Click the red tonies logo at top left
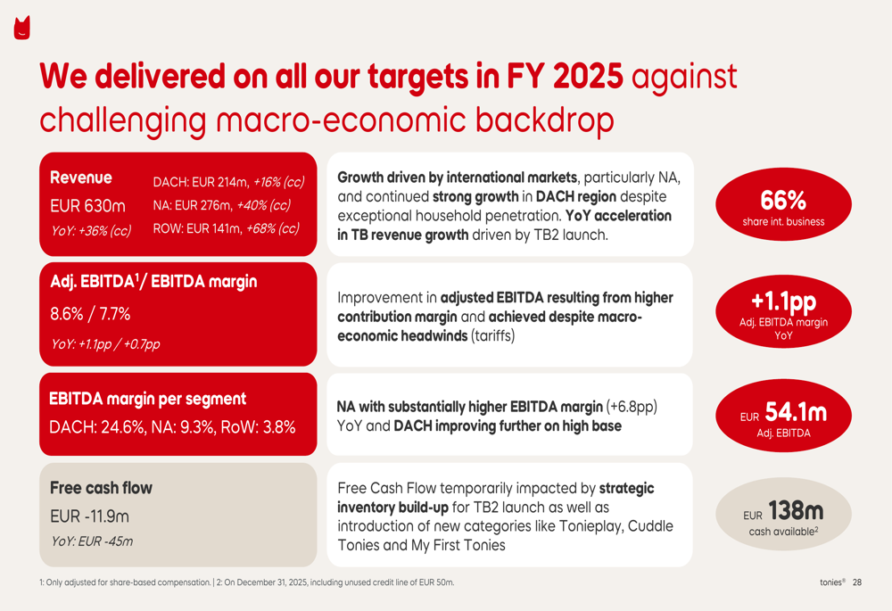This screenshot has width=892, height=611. [x=21, y=28]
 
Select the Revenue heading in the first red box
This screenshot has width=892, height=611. [x=81, y=178]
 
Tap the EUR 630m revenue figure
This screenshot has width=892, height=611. [x=87, y=205]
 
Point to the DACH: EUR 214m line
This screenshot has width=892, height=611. [x=228, y=182]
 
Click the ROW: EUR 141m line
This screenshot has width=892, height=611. [x=226, y=228]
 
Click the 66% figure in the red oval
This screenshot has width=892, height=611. [x=783, y=200]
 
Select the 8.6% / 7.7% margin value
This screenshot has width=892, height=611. [x=90, y=313]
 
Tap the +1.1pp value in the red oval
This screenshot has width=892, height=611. [x=783, y=301]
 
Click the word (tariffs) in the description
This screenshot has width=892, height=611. [x=492, y=335]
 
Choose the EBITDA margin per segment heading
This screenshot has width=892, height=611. [x=148, y=399]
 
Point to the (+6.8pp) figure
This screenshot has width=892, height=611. [x=632, y=407]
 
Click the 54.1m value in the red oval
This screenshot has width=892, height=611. [x=796, y=412]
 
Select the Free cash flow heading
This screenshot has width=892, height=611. [x=102, y=488]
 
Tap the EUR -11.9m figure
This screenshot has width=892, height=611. [x=90, y=516]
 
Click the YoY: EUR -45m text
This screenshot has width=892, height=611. [x=92, y=541]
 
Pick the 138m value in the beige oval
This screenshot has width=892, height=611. [x=796, y=511]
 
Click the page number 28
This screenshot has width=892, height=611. [x=857, y=582]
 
